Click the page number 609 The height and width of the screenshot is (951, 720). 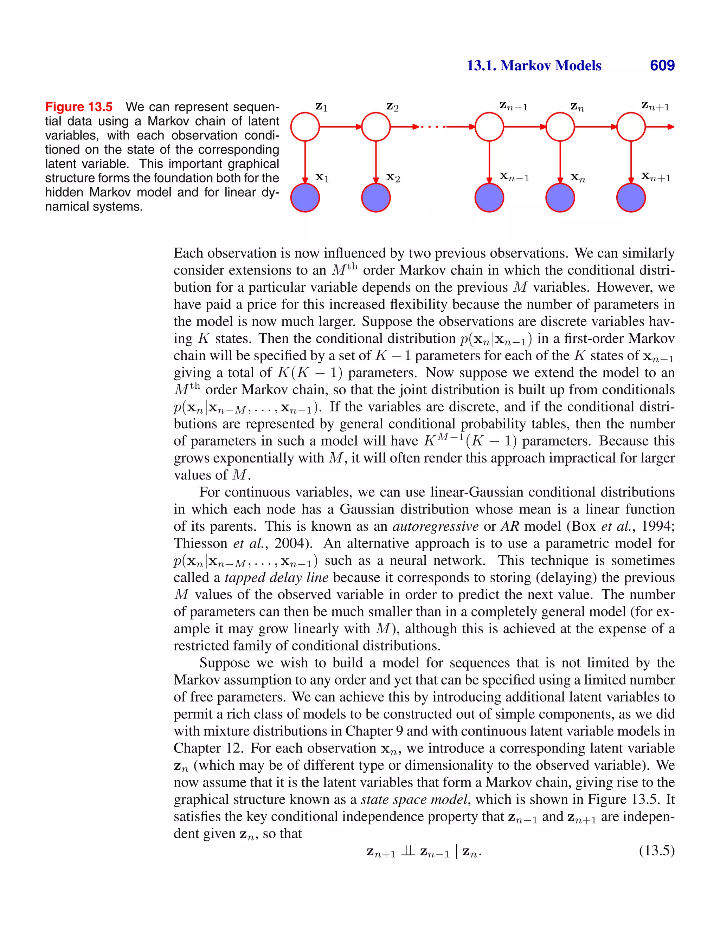[x=662, y=65]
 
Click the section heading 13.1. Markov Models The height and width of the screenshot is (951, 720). [x=534, y=65]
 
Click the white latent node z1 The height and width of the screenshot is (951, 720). [x=305, y=127]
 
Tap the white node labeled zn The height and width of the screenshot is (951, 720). [x=560, y=127]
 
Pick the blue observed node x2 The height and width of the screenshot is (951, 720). [x=376, y=198]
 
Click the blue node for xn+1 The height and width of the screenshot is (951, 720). [x=631, y=198]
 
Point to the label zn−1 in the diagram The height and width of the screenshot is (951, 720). [x=514, y=106]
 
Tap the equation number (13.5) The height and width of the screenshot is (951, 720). [x=656, y=850]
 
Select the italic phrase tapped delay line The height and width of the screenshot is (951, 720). [x=277, y=577]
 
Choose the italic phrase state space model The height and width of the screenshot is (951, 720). [x=414, y=799]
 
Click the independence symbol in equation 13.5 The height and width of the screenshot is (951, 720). [x=407, y=851]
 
